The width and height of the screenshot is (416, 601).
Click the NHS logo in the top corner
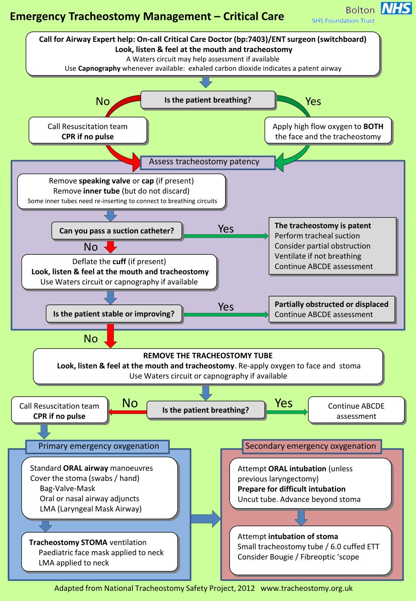pos(396,9)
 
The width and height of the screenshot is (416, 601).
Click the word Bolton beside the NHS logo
pos(360,10)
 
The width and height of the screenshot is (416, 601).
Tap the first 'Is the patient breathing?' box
pos(208,100)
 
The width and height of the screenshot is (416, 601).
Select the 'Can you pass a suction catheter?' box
pos(117,231)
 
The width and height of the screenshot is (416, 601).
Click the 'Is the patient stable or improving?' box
pos(114,314)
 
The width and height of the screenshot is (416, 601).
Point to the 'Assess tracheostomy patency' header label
pos(204,162)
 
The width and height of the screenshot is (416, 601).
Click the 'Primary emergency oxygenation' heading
pos(98,446)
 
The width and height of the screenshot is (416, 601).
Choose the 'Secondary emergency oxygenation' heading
pos(310,446)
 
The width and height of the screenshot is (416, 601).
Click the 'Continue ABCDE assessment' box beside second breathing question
pos(356,411)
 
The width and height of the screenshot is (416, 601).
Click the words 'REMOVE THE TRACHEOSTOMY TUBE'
pos(208,356)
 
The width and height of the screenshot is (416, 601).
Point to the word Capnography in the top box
pos(99,68)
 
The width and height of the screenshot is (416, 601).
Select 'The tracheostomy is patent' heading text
pos(323,226)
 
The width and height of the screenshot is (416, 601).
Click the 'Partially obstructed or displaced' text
pos(331,304)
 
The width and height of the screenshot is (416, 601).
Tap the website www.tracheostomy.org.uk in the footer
pos(306,588)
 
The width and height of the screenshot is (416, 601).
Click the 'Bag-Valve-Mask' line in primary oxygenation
pos(67,488)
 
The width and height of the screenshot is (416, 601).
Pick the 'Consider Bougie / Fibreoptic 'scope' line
pos(298,557)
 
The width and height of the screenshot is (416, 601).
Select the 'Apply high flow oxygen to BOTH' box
pos(328,131)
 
